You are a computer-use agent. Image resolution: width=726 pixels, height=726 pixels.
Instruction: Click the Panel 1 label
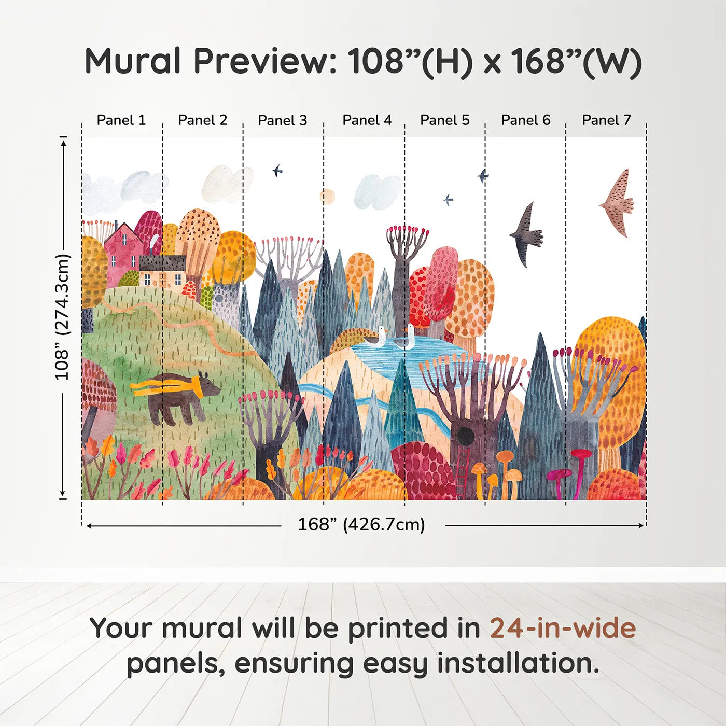click(x=121, y=120)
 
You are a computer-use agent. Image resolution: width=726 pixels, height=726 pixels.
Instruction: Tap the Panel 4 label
click(x=367, y=120)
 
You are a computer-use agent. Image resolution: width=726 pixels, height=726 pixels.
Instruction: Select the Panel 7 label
click(x=606, y=120)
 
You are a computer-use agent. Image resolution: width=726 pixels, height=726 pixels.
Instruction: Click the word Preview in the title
click(x=265, y=61)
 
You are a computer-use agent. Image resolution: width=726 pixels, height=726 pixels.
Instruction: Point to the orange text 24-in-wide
click(x=563, y=629)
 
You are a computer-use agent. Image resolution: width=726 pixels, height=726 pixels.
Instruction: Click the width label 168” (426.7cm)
click(x=361, y=525)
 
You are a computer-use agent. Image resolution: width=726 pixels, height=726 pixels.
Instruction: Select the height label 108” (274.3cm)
click(x=62, y=317)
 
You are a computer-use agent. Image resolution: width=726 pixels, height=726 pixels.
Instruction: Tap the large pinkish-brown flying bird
click(x=618, y=202)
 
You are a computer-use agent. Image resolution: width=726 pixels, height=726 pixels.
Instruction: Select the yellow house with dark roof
click(x=162, y=271)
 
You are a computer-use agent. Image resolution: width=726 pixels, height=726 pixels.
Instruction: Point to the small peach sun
click(x=327, y=197)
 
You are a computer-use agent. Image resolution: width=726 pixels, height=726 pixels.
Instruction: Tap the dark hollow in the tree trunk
click(x=465, y=435)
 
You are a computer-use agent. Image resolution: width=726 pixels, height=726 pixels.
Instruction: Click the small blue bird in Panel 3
click(x=277, y=171)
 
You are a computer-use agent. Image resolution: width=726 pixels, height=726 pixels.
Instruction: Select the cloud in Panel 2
click(x=224, y=184)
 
